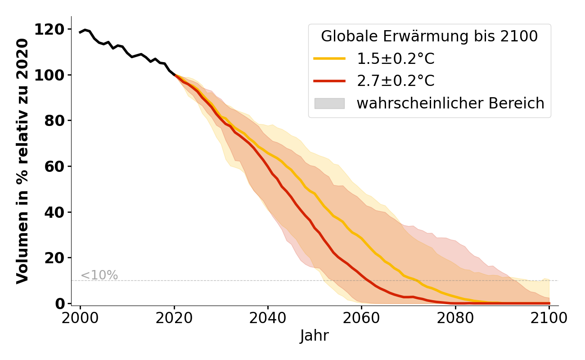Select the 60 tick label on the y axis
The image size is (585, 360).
pyautogui.click(x=54, y=166)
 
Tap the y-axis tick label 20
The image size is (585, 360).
pyautogui.click(x=54, y=258)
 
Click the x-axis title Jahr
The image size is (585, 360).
pyautogui.click(x=315, y=336)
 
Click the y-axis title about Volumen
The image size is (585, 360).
pyautogui.click(x=22, y=161)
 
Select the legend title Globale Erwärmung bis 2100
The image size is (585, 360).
pyautogui.click(x=429, y=37)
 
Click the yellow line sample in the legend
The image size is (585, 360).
pyautogui.click(x=329, y=58)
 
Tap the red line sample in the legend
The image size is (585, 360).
pyautogui.click(x=329, y=81)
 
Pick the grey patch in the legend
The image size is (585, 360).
pyautogui.click(x=329, y=103)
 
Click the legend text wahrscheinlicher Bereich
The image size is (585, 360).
pyautogui.click(x=450, y=103)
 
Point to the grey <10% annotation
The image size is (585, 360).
pyautogui.click(x=99, y=275)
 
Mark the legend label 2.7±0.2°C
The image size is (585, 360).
pyautogui.click(x=396, y=81)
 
